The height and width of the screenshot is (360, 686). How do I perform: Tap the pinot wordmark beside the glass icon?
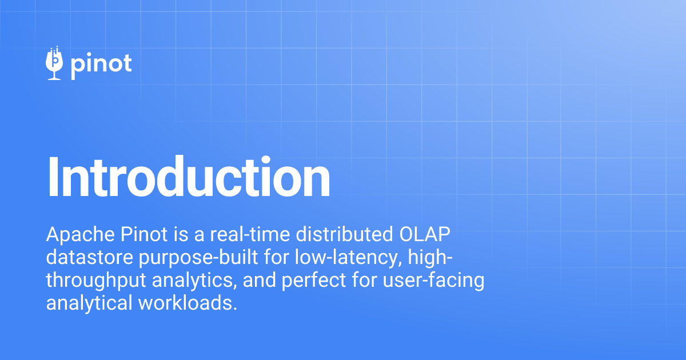(101, 64)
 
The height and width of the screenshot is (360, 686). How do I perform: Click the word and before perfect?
(248, 281)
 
